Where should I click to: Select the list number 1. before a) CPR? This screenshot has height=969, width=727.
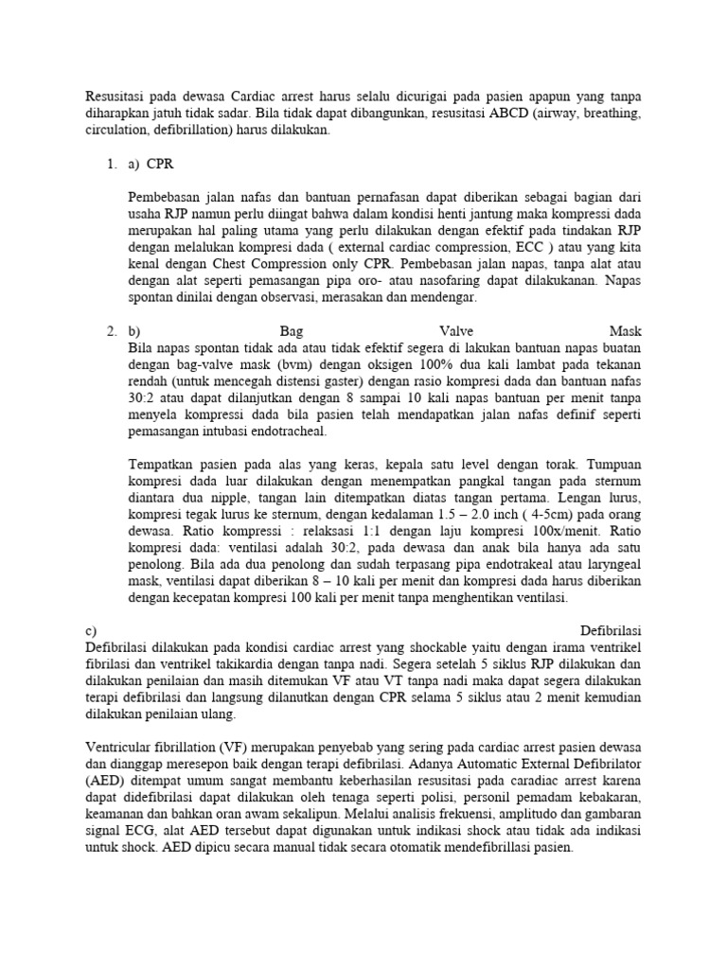click(x=112, y=164)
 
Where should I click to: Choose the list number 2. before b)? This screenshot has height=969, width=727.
click(x=112, y=331)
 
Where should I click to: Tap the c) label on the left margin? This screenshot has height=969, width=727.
click(x=90, y=630)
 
